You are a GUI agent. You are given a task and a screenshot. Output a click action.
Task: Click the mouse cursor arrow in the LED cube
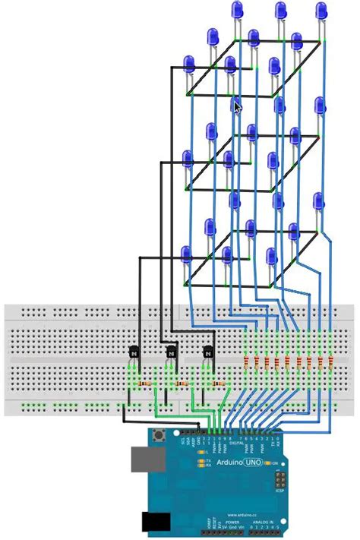(x=238, y=107)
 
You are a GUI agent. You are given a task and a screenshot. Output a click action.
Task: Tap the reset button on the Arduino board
(x=160, y=436)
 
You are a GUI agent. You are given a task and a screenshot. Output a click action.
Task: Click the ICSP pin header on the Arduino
(x=280, y=480)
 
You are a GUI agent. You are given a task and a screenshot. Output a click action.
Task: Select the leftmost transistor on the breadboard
(x=134, y=352)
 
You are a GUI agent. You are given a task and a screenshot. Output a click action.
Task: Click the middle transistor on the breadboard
(x=172, y=352)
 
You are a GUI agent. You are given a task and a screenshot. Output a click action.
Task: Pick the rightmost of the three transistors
(x=207, y=352)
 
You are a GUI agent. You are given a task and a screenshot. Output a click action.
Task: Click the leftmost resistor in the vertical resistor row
(x=245, y=360)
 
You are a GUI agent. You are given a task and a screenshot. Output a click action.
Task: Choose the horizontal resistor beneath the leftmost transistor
(x=144, y=384)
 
